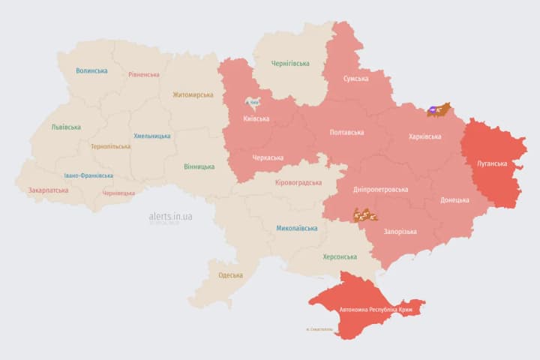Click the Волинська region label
91,71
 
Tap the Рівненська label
143,75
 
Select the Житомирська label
193,95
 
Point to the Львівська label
66,127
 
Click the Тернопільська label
110,147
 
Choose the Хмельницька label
152,136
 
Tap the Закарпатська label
48,190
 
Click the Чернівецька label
118,193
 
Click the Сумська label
355,79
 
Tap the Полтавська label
346,133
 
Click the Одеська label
230,275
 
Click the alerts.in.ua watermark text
170,217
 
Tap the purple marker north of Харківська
433,110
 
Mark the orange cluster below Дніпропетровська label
364,215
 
